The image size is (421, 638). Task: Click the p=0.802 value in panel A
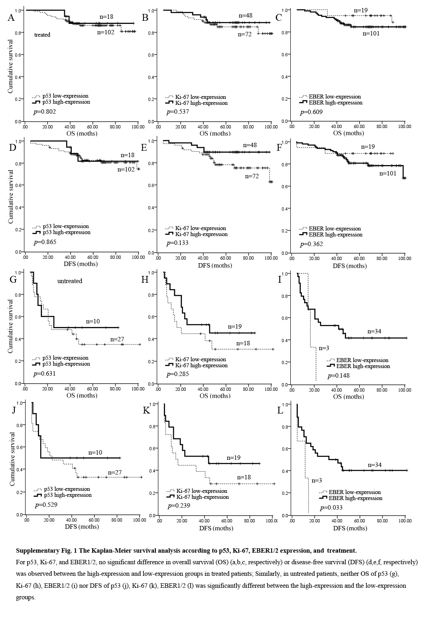coord(44,111)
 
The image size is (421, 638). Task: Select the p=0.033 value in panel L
coord(331,508)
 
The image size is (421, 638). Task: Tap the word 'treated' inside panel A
coord(42,35)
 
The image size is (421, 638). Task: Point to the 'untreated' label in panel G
coord(70,281)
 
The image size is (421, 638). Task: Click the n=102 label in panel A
coord(106,32)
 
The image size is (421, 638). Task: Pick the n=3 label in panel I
coord(324,348)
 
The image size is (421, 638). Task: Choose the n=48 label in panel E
coord(250,145)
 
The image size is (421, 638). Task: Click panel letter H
coord(145,280)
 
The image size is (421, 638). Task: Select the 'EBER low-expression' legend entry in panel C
coord(331,96)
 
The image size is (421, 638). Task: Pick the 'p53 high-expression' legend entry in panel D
coord(62,232)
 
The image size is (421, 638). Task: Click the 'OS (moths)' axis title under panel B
coord(215,133)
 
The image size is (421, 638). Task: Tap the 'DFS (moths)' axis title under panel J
coord(82,526)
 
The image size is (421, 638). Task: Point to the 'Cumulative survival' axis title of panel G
coord(10,327)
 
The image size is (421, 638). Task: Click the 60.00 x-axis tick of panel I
coord(359,390)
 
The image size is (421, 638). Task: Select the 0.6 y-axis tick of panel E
coord(151,185)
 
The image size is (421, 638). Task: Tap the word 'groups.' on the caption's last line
coord(26,597)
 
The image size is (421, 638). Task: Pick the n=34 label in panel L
coord(375,465)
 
